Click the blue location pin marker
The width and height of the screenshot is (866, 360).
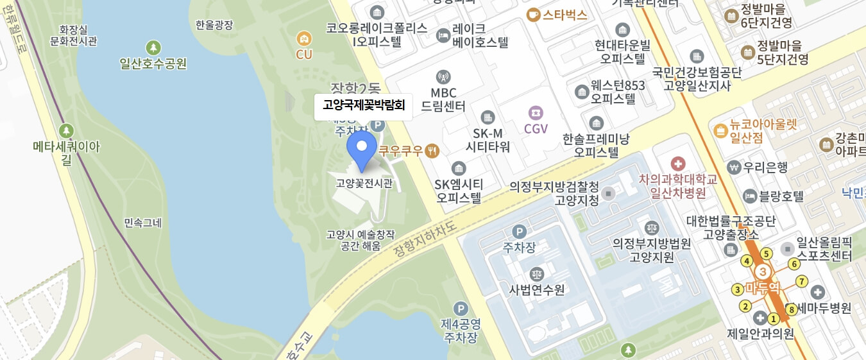pyautogui.click(x=362, y=148)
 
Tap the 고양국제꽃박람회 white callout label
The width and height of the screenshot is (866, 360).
pyautogui.click(x=363, y=106)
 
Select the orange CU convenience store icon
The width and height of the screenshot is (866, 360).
pyautogui.click(x=303, y=39)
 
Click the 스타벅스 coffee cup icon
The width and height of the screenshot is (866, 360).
pyautogui.click(x=533, y=15)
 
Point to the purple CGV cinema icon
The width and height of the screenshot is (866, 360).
pyautogui.click(x=536, y=112)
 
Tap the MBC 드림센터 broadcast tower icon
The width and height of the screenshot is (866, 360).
pyautogui.click(x=443, y=78)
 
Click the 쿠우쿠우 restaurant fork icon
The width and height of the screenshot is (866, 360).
pyautogui.click(x=433, y=151)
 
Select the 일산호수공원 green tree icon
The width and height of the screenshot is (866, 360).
pyautogui.click(x=153, y=47)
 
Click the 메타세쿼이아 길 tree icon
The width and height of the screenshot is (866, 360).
pyautogui.click(x=67, y=131)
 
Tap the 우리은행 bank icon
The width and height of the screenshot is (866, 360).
pyautogui.click(x=733, y=167)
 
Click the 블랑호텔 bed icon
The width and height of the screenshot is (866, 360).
pyautogui.click(x=749, y=196)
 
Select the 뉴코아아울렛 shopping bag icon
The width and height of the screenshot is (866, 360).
pyautogui.click(x=720, y=130)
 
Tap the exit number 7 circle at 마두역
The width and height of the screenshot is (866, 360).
pyautogui.click(x=801, y=281)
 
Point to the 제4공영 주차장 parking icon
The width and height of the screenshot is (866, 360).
pyautogui.click(x=459, y=309)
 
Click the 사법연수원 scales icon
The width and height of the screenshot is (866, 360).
pyautogui.click(x=536, y=274)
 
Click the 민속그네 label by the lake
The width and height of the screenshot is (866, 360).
pyautogui.click(x=143, y=223)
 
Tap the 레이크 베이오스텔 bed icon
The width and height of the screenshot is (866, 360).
pyautogui.click(x=443, y=35)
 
